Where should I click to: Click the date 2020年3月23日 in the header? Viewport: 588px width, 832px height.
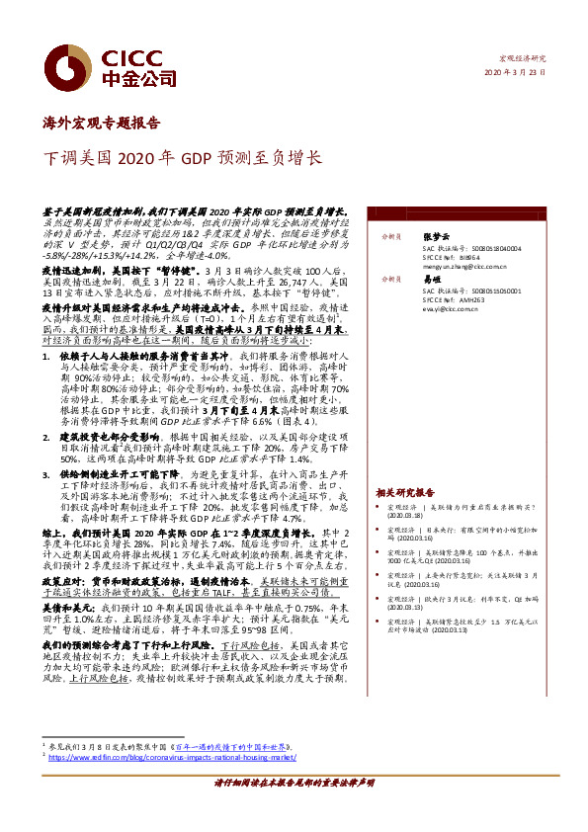click(517, 74)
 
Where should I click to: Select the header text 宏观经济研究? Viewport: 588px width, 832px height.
click(525, 59)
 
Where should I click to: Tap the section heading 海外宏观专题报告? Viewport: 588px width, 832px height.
click(102, 124)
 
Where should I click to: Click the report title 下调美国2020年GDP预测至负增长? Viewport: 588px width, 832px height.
click(182, 157)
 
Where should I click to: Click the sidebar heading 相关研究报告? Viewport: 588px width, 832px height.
click(405, 491)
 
